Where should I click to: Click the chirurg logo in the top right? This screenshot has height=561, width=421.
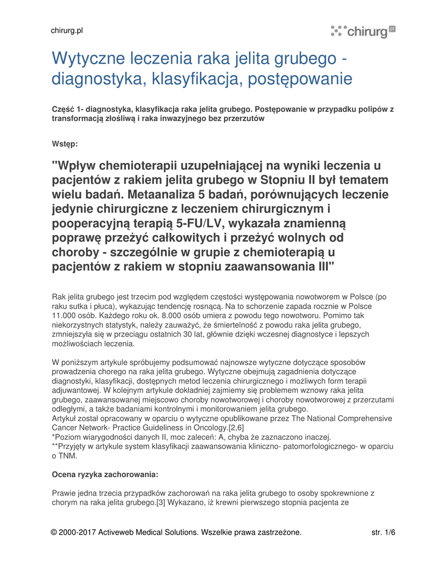click(x=362, y=31)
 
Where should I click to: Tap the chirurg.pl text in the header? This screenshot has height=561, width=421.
click(x=66, y=31)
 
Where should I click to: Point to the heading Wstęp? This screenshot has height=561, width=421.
click(x=65, y=144)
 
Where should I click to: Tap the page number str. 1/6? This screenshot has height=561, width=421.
click(x=383, y=532)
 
